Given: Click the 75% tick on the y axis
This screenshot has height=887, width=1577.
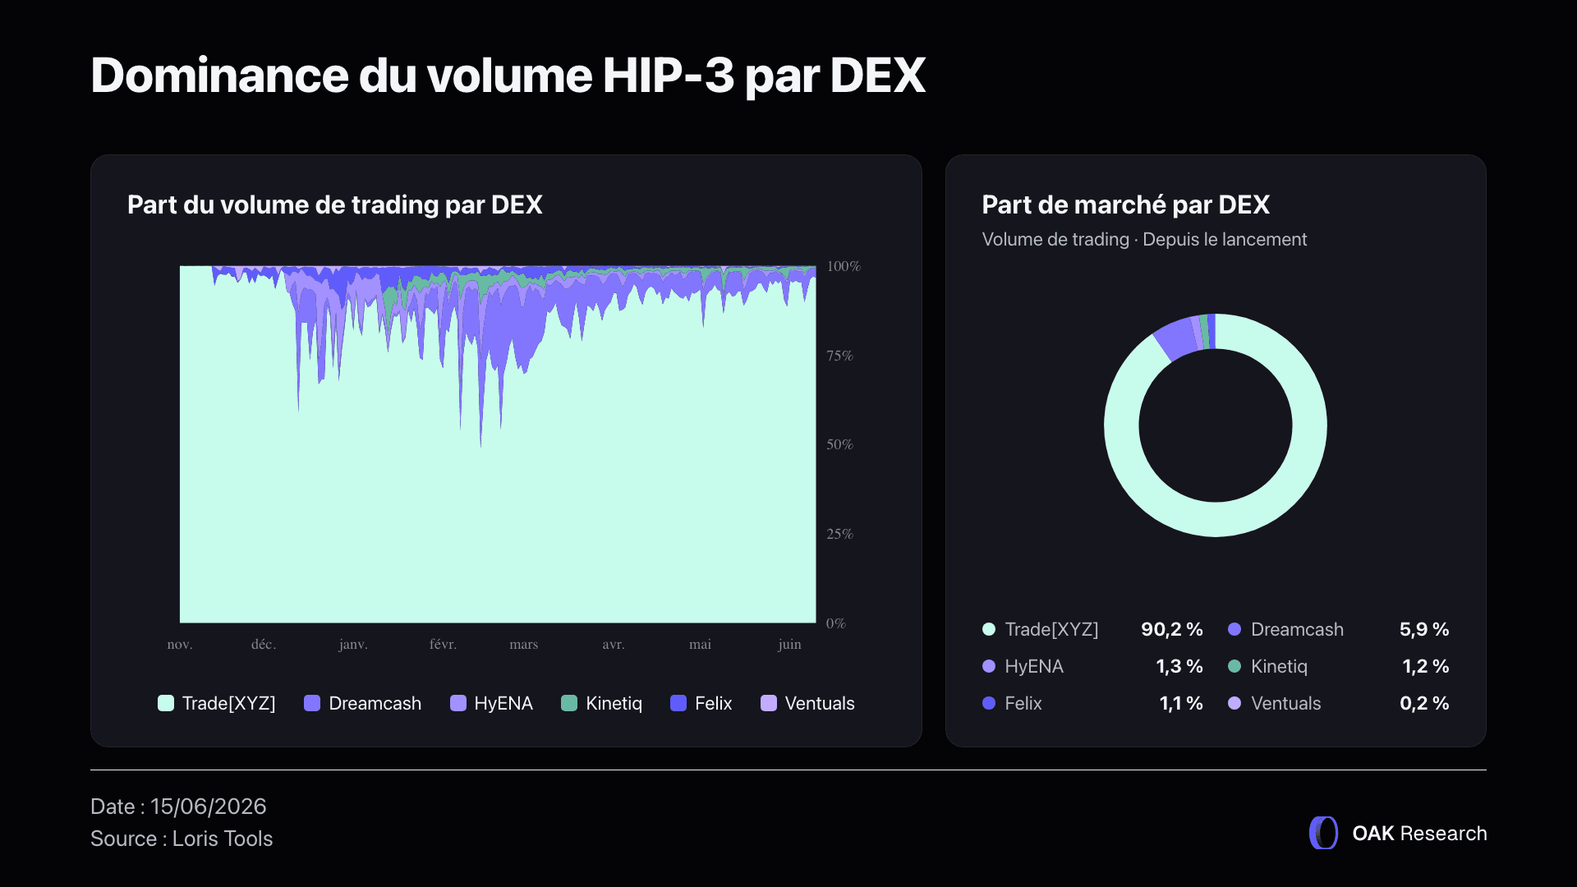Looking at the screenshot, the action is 839,356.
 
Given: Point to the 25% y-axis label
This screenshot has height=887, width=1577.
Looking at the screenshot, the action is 839,534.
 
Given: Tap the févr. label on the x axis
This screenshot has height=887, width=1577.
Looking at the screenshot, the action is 443,645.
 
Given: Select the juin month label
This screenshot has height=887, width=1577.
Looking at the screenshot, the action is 789,645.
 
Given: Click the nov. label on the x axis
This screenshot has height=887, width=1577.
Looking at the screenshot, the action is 180,645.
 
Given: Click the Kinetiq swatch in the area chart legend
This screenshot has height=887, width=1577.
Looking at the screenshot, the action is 569,703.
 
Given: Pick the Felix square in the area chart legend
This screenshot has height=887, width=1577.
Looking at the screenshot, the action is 678,703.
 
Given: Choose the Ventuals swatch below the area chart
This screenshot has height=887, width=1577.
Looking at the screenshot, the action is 769,703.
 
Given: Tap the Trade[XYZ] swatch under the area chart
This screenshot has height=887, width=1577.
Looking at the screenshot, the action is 166,703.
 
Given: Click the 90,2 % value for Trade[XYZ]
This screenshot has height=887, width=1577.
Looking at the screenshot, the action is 1172,629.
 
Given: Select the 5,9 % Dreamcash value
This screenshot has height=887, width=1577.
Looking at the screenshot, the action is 1424,629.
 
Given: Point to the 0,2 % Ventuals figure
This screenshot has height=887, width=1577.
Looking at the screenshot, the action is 1424,703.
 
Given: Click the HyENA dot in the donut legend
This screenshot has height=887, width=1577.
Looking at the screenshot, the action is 989,666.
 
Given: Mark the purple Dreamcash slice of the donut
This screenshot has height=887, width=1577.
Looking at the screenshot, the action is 1175,338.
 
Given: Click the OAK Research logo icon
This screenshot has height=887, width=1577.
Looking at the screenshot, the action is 1323,833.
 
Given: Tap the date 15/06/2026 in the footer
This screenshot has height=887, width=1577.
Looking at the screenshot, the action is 209,807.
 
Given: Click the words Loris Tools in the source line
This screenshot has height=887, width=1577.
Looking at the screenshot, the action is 223,839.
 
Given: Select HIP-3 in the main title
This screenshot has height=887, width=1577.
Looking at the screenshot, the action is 669,76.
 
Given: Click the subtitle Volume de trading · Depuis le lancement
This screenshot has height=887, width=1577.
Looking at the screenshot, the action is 1144,240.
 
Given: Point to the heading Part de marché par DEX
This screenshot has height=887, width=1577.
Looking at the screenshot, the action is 1126,205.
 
